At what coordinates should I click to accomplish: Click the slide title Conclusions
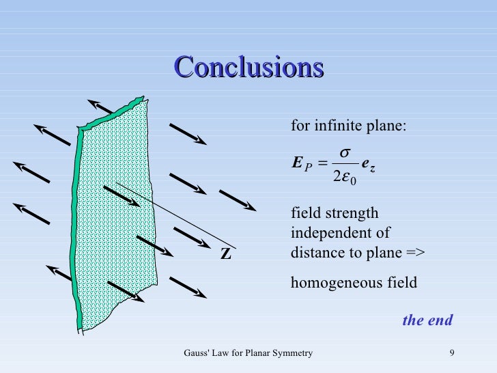pos(248,68)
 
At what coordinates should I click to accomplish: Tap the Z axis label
pos(225,254)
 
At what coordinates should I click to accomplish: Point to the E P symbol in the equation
pos(301,165)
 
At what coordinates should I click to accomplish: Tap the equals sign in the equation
pos(324,165)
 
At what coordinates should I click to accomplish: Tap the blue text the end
pos(427,320)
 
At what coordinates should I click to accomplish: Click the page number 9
pos(452,353)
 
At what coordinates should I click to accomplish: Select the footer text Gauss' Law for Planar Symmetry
pos(248,353)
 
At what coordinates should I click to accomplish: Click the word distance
pos(315,252)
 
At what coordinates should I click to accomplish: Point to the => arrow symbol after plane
pos(415,252)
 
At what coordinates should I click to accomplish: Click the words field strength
pos(335,213)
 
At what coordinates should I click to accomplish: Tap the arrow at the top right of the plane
pos(188,134)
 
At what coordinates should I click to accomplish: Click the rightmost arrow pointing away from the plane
pos(238,200)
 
